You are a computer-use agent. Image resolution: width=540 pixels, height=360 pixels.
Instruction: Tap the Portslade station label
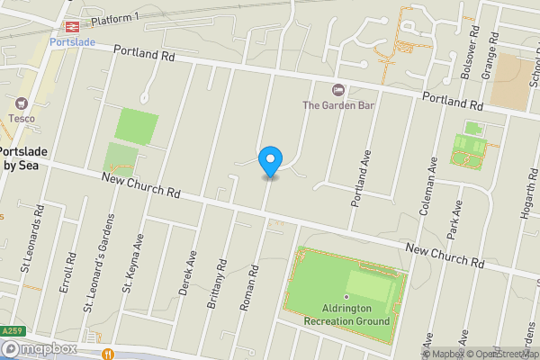(x=73, y=41)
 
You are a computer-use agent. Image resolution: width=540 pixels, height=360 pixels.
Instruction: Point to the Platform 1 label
(x=113, y=18)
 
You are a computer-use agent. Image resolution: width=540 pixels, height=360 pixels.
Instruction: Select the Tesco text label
(x=22, y=118)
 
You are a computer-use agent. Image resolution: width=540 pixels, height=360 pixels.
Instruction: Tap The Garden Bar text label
(x=338, y=105)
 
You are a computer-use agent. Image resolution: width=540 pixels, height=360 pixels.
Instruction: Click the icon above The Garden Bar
(x=338, y=89)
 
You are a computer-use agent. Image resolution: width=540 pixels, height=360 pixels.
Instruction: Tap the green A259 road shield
(x=12, y=331)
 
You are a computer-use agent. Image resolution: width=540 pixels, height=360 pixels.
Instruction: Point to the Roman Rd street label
(x=249, y=288)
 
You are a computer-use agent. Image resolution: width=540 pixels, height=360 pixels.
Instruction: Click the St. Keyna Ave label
(x=133, y=265)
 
